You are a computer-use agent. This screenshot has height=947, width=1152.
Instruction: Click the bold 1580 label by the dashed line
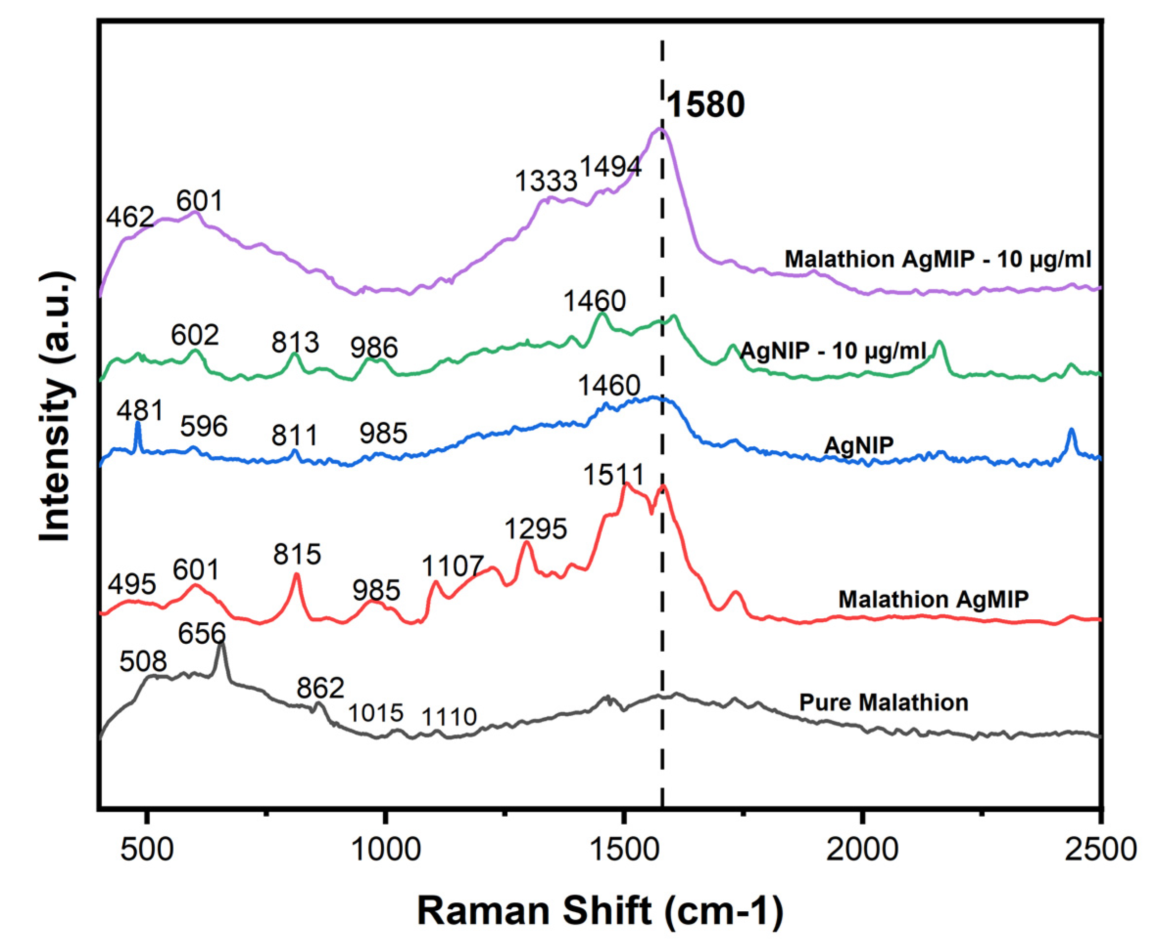[x=705, y=105]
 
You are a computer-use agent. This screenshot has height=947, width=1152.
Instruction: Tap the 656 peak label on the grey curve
[x=201, y=634]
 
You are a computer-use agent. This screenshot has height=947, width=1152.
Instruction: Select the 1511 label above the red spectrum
[x=613, y=475]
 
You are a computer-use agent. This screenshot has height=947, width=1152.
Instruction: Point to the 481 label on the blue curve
[x=140, y=410]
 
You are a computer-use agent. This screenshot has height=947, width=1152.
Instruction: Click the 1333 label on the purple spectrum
[x=546, y=181]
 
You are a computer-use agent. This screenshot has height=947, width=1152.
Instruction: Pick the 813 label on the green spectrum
[x=295, y=342]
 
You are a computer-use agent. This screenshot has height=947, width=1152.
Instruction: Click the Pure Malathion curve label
[x=883, y=702]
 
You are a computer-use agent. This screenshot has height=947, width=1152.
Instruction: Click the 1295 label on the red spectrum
[x=536, y=529]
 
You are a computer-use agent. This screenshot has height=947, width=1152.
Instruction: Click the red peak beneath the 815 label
[x=296, y=576]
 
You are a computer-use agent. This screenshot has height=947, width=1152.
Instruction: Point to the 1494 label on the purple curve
[x=610, y=166]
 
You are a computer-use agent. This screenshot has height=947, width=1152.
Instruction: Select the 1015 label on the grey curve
[x=375, y=713]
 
